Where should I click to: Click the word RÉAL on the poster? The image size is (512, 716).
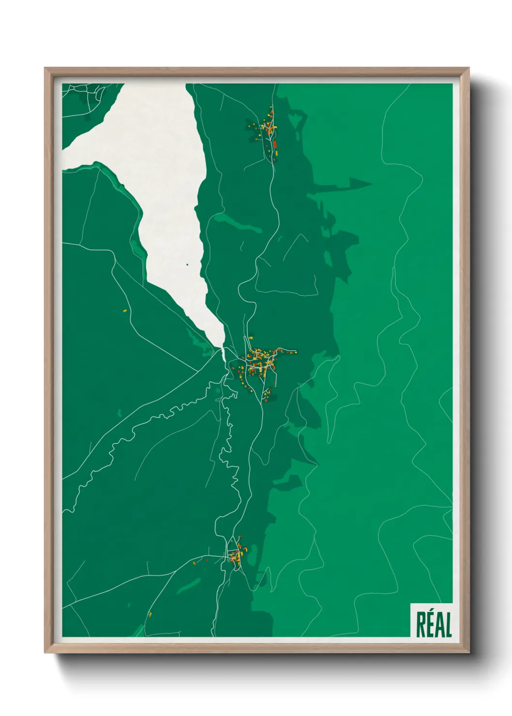point(434,625)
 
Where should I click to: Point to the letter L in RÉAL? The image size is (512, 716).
point(448,625)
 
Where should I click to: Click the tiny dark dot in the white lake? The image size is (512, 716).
point(187,265)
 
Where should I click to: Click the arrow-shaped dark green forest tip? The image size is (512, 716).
point(361,184)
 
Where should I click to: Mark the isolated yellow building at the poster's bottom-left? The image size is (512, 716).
point(150,614)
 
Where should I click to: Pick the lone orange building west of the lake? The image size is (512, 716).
point(124,310)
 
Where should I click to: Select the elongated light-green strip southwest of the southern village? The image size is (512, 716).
point(188,586)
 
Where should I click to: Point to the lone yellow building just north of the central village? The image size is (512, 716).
point(251,337)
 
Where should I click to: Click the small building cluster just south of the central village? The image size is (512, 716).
point(266,394)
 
